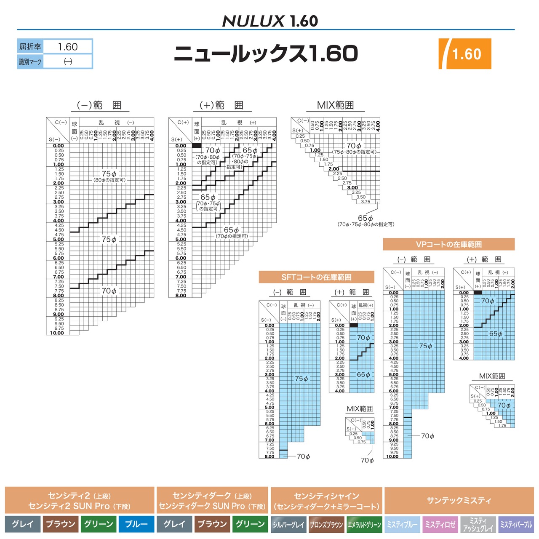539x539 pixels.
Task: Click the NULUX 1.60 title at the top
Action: (x=269, y=21)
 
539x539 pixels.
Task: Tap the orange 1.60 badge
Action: (x=465, y=54)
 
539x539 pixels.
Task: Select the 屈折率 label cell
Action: (x=30, y=47)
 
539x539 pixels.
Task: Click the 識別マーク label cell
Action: (x=30, y=62)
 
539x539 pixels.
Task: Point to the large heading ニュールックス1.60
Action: (x=266, y=53)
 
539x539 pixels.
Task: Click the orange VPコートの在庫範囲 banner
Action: (x=448, y=244)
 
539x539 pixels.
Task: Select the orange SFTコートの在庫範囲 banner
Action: (x=316, y=277)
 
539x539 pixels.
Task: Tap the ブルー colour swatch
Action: (x=136, y=524)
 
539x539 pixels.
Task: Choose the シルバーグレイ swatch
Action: (x=288, y=525)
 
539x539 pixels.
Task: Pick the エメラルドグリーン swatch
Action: (x=364, y=525)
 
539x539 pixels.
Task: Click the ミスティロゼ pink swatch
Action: (x=440, y=525)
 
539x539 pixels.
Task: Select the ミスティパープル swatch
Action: (x=516, y=525)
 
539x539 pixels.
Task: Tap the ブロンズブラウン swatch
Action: (x=326, y=525)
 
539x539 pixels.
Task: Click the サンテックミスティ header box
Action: (x=459, y=500)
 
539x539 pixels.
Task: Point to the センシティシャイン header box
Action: (x=326, y=500)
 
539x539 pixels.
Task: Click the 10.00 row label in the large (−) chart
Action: (x=57, y=333)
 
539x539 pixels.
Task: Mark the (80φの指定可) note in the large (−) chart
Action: (x=109, y=180)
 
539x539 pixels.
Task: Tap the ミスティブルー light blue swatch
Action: (x=402, y=525)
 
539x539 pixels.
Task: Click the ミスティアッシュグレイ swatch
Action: (x=478, y=525)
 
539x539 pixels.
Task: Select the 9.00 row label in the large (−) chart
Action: (x=58, y=315)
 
